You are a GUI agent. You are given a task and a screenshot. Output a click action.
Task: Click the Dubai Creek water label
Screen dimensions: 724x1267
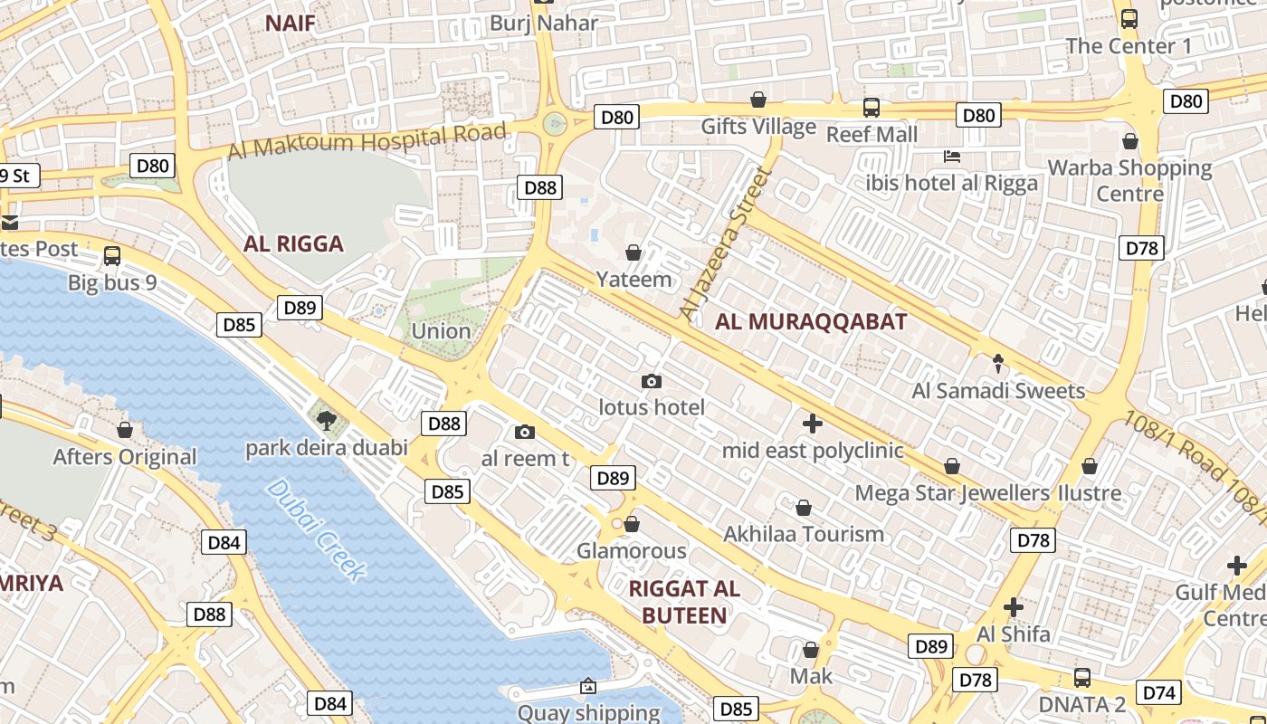[x=318, y=529]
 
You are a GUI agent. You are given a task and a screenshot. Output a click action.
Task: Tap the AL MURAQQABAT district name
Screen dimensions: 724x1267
[x=811, y=321]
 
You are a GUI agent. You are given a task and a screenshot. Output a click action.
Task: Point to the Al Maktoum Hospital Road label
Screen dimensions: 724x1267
[x=367, y=141]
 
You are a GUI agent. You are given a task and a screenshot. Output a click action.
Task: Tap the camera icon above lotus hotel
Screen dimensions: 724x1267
[x=651, y=382]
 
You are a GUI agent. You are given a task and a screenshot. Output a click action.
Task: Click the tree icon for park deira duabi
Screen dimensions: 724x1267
[x=326, y=419]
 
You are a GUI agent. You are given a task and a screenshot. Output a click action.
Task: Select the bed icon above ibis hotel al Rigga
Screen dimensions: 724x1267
[x=951, y=157]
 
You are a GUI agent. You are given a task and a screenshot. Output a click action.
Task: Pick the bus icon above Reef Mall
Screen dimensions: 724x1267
[x=871, y=108]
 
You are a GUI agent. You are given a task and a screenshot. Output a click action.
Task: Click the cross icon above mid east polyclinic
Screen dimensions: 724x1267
[x=812, y=423]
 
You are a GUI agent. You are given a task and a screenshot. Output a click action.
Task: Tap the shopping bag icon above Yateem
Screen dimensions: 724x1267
[x=633, y=252]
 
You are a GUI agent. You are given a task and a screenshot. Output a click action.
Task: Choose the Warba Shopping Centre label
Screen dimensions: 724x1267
[x=1129, y=180]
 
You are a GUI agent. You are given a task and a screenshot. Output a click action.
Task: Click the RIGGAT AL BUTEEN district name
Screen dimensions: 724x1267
[x=684, y=602]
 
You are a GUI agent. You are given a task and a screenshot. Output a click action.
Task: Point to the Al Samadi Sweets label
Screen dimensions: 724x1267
[x=998, y=391]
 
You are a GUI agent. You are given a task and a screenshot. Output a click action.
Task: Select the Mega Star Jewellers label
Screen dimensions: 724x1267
[x=952, y=493]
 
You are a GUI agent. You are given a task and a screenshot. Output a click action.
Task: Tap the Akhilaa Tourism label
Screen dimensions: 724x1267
[x=803, y=534]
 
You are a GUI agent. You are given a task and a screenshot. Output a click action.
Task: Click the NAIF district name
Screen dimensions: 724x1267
[x=290, y=24]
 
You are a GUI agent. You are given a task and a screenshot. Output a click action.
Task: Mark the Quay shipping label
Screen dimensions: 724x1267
[x=588, y=712]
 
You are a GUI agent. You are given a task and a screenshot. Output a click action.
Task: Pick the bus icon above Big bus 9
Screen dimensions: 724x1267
[x=112, y=256]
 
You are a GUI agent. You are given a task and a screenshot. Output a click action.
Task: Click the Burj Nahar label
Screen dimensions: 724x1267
[x=544, y=23]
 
